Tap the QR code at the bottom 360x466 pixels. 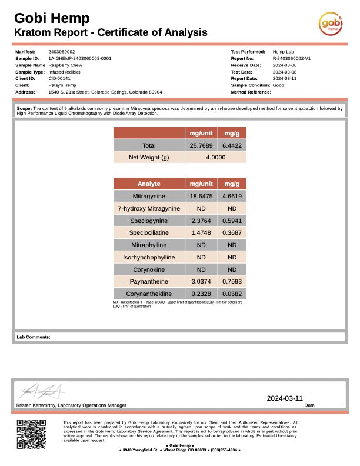(x=31, y=434)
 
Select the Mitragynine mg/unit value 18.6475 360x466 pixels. (x=201, y=196)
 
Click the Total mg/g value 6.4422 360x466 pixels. (x=232, y=145)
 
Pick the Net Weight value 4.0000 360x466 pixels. (x=216, y=158)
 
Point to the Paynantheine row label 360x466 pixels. (x=149, y=281)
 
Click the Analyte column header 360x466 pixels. (x=149, y=184)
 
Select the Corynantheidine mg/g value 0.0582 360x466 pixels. (x=232, y=294)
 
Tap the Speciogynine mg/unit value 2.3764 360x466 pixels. (x=201, y=221)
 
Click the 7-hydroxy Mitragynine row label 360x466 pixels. (x=149, y=208)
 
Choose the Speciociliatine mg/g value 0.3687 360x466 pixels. (x=232, y=233)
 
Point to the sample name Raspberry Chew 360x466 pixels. (x=65, y=65)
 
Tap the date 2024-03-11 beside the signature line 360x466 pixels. (x=285, y=398)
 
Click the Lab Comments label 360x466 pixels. (x=33, y=337)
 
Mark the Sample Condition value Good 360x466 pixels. (x=279, y=85)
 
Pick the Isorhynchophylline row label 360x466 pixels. (x=149, y=257)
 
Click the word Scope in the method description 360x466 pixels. (x=24, y=108)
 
